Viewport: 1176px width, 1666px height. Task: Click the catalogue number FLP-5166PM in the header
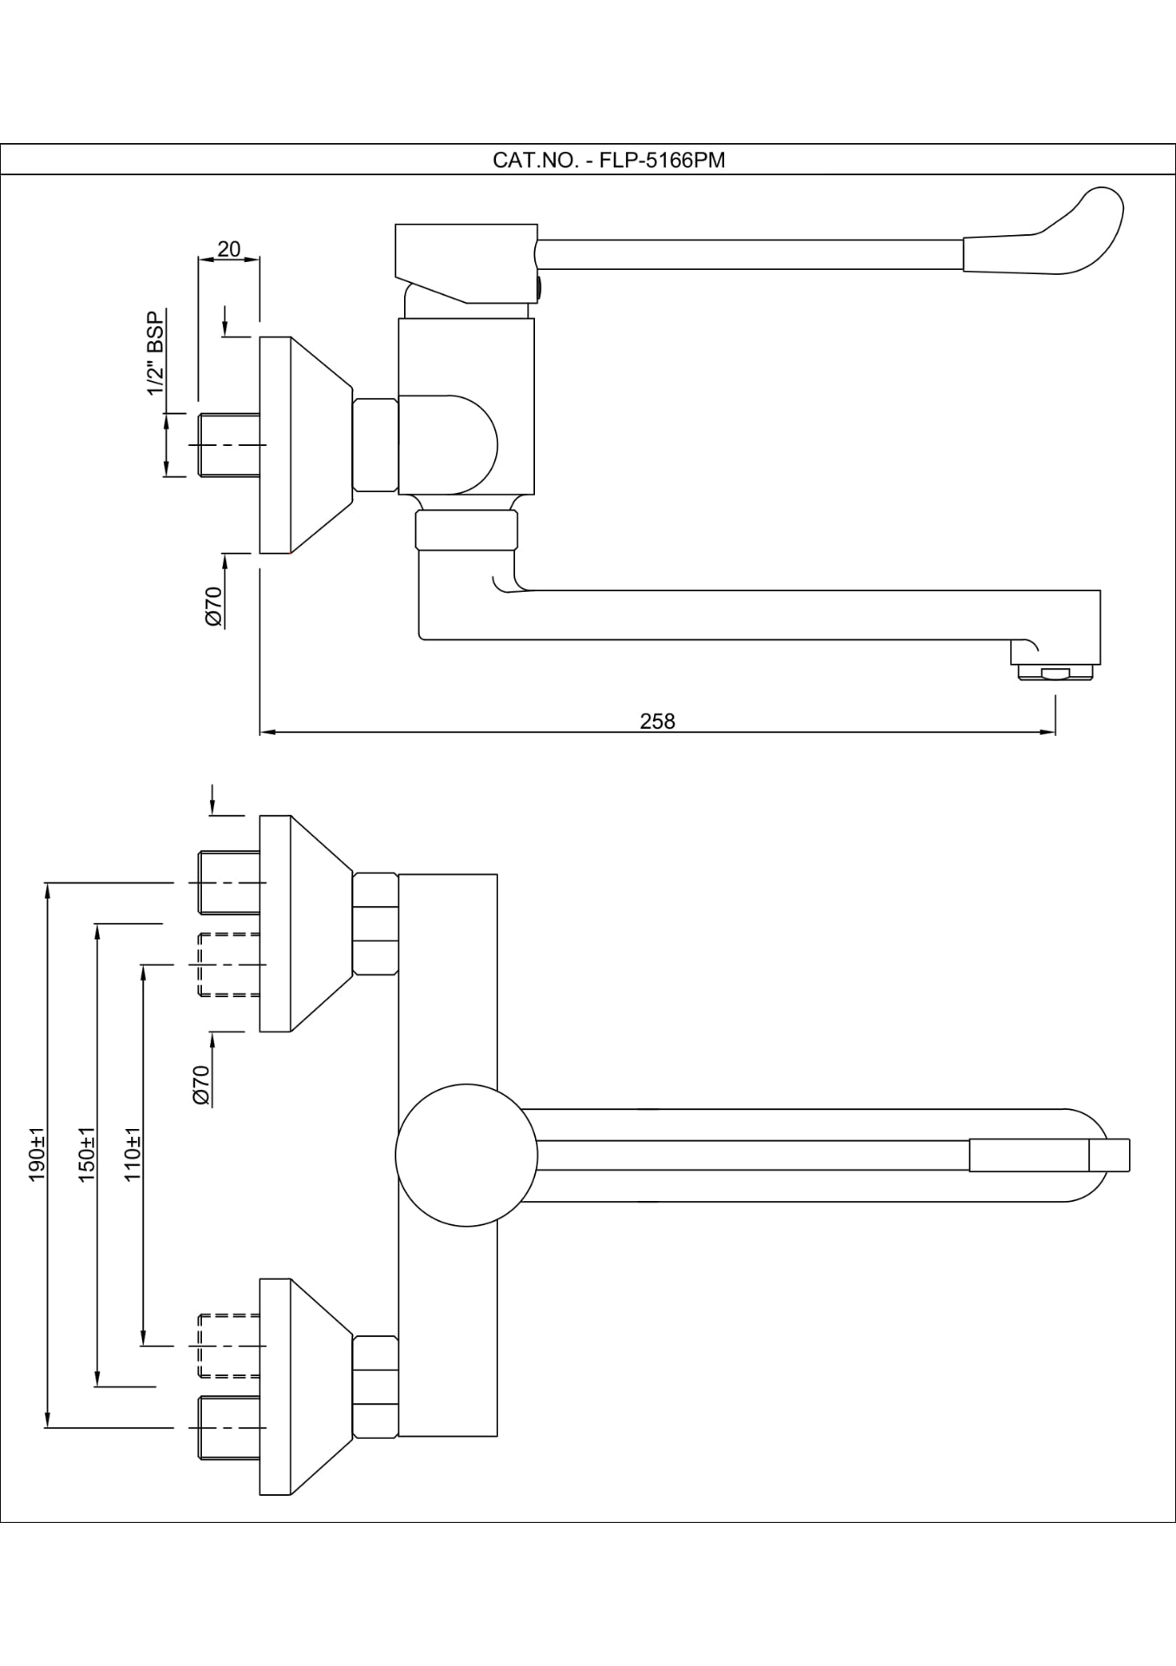coord(662,161)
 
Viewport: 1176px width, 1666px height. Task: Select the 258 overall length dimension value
coord(657,721)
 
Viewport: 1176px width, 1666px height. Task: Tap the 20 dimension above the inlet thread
coord(229,250)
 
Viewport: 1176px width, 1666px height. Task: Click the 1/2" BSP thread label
coord(155,353)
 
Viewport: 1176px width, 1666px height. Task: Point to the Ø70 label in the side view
coord(213,606)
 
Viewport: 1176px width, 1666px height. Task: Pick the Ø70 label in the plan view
coord(201,1085)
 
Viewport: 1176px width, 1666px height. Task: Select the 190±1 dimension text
coord(37,1154)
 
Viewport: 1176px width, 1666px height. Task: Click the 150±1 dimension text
coord(87,1154)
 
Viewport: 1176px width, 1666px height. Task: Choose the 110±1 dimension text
coord(133,1154)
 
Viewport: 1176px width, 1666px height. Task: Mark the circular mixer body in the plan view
coord(466,1155)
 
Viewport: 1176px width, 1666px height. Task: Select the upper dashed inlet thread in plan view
coord(229,964)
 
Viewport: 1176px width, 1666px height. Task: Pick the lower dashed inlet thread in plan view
coord(229,1345)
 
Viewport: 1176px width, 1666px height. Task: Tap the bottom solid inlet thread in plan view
coord(229,1427)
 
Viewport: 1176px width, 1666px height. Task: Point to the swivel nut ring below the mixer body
coord(466,530)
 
